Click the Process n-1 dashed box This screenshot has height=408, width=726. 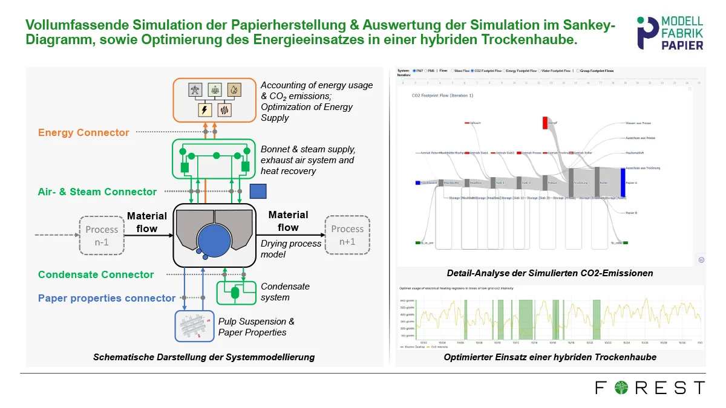[x=102, y=235]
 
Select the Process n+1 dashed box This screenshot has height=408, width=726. [x=347, y=235]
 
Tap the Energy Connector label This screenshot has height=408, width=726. [x=83, y=132]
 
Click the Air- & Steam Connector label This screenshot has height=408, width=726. [x=97, y=192]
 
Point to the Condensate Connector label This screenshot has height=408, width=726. [x=96, y=274]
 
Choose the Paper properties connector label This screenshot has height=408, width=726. [x=106, y=298]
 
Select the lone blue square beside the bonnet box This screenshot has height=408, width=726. [x=258, y=191]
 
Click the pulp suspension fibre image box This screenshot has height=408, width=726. [x=195, y=326]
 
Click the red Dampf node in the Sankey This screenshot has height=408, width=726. [x=544, y=123]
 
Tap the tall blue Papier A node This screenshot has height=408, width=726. [x=623, y=183]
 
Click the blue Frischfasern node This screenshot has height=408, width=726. [x=417, y=183]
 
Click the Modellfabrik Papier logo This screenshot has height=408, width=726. [x=670, y=33]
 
